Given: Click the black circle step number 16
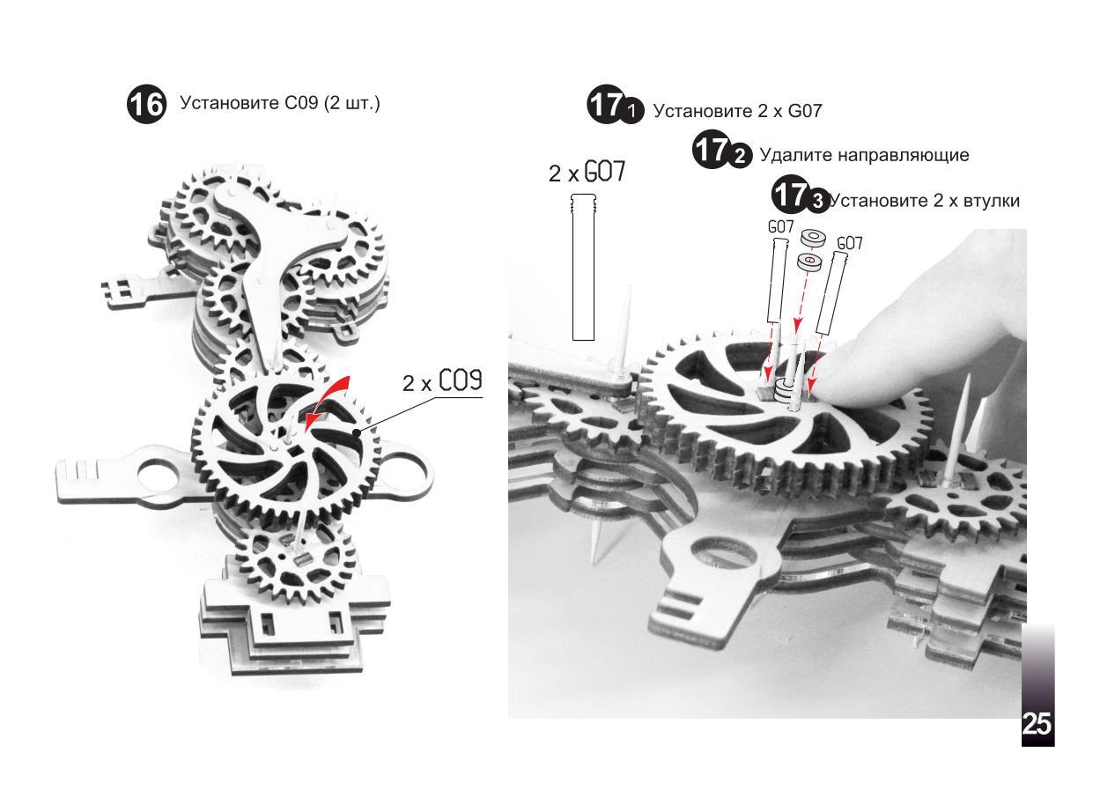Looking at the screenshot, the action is (147, 105).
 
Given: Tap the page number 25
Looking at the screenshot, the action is (1037, 724).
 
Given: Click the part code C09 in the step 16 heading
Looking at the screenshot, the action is (301, 103).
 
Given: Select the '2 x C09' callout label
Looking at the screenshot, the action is (442, 380).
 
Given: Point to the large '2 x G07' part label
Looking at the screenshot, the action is (587, 172).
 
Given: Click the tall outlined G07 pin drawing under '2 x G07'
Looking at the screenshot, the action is (583, 267).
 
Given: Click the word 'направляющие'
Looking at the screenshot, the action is (904, 156).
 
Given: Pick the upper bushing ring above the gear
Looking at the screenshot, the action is (812, 238).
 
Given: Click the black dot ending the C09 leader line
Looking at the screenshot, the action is (358, 432).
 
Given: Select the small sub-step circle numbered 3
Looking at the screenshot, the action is (817, 201).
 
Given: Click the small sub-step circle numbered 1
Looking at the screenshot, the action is (631, 111).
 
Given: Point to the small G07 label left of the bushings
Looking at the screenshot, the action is (780, 227).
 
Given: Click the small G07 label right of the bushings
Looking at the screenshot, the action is (849, 244).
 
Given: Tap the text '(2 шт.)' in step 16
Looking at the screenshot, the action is (352, 104).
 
